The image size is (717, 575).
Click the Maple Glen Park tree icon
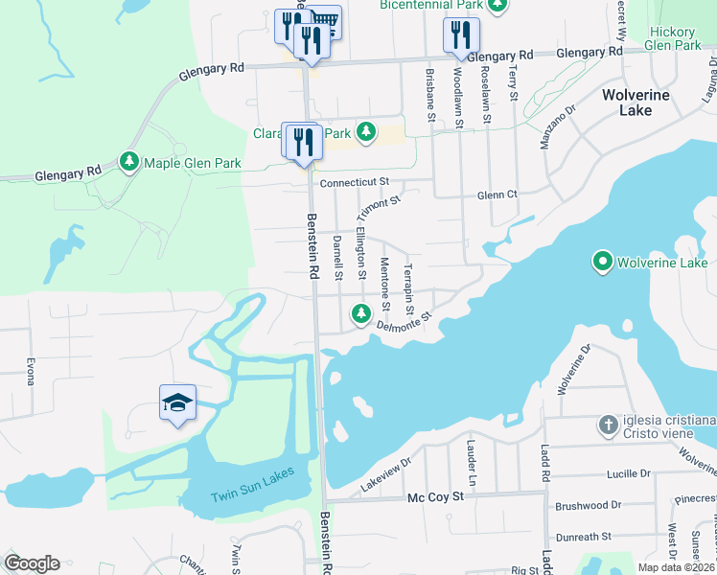(129, 162)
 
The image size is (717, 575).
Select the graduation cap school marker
(177, 404)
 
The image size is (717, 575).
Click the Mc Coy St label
(435, 497)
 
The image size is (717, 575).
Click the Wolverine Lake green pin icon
(602, 261)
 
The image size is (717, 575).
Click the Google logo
(31, 563)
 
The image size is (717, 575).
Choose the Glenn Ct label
(497, 195)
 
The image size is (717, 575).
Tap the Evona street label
(31, 370)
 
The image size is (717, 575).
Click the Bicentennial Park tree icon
(497, 6)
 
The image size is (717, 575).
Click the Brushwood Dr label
(581, 505)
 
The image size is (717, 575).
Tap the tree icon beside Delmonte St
(361, 312)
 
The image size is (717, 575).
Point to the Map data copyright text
(677, 567)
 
